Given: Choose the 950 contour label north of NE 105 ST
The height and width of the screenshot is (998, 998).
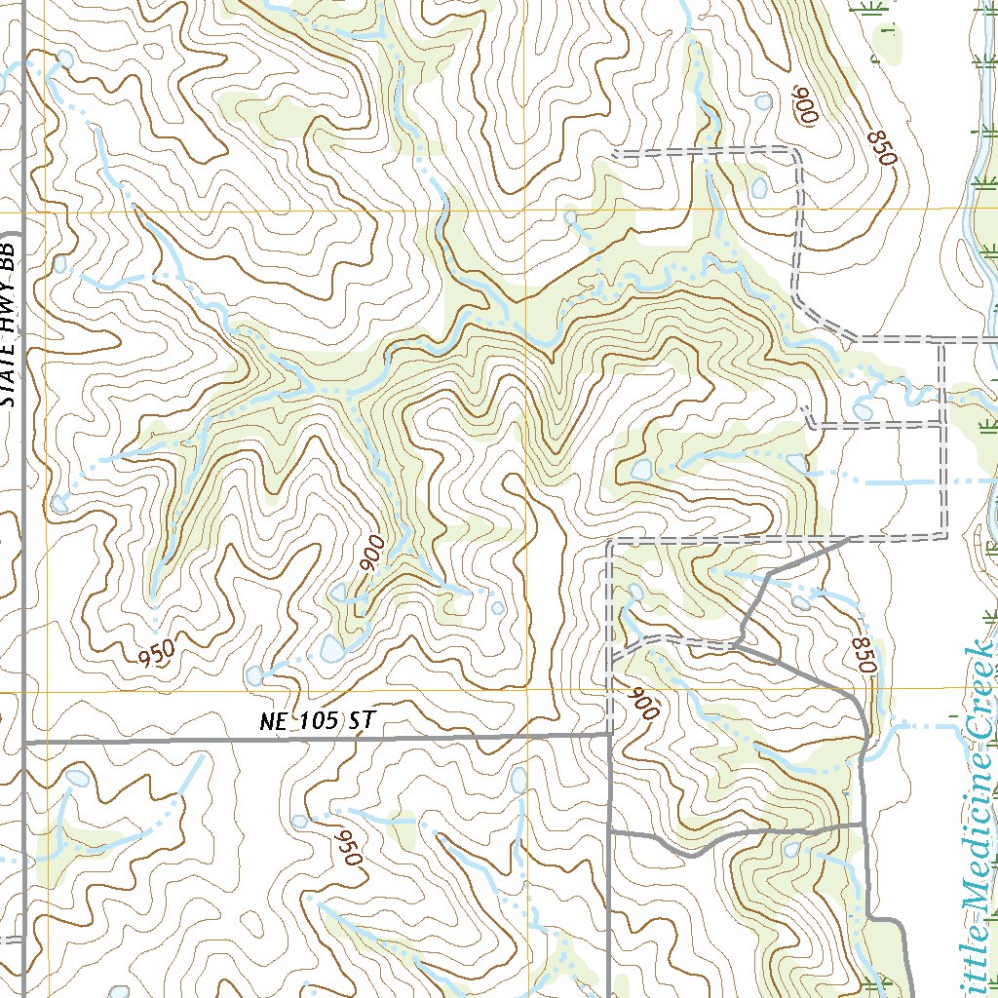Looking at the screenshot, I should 156,650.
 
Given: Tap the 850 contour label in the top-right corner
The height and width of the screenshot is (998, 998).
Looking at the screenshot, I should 879,146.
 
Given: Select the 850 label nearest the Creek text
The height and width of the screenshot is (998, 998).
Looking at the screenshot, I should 864,655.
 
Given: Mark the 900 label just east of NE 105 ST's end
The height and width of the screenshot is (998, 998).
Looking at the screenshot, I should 644,703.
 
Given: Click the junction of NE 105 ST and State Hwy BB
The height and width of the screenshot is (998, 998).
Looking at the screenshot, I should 23,743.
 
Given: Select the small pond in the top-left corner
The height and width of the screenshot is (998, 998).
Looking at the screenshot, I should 65,60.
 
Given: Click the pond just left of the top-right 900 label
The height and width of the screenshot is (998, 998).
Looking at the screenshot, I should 763,101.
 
